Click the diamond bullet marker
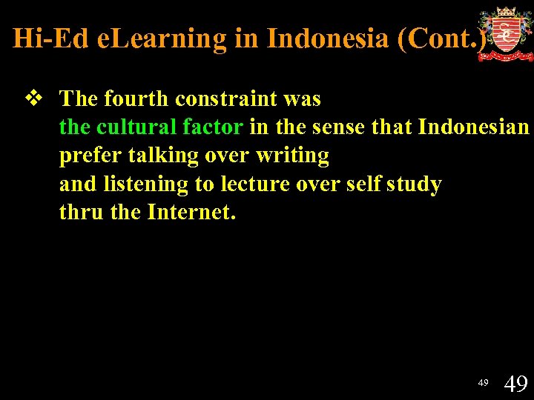pyautogui.click(x=33, y=99)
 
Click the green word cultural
pyautogui.click(x=136, y=127)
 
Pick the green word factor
pyautogui.click(x=212, y=127)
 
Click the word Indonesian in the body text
pyautogui.click(x=473, y=127)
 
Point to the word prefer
pyautogui.click(x=88, y=156)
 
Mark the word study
pyautogui.click(x=413, y=184)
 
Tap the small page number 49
pyautogui.click(x=483, y=382)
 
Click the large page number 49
pyautogui.click(x=515, y=384)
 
